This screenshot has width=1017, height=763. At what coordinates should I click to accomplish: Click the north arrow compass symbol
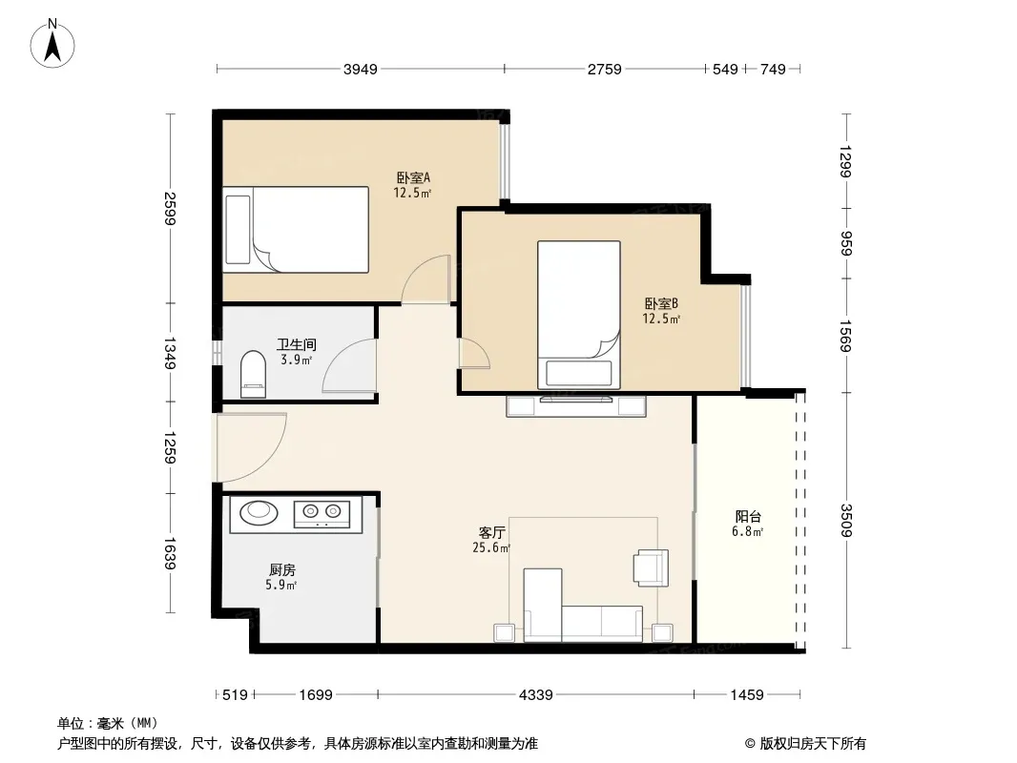tap(52, 44)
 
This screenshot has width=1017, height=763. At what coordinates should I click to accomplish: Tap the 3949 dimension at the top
tap(360, 70)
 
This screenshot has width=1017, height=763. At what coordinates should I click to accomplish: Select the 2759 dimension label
tap(605, 70)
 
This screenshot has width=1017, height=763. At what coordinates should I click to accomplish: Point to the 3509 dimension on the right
tap(845, 520)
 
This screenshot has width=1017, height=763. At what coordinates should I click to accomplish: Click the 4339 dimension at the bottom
tap(536, 695)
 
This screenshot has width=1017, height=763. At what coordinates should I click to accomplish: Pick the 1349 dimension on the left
tap(170, 353)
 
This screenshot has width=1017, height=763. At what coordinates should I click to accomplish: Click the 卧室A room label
tap(413, 177)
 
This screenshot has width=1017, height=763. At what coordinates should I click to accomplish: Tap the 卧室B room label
tap(661, 303)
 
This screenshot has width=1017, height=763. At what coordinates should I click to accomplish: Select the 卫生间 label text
tap(297, 345)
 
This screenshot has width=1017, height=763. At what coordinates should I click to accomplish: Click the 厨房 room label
tap(282, 569)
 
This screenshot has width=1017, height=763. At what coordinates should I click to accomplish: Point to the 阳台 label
tap(748, 517)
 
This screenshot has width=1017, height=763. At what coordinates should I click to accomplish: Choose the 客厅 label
tap(491, 533)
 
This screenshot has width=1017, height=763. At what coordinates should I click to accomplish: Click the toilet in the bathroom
tap(253, 374)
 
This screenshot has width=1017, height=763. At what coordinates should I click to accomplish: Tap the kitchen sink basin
tap(259, 512)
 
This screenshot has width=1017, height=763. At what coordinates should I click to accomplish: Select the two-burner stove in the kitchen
tap(322, 514)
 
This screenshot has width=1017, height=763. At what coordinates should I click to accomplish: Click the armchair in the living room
tap(652, 567)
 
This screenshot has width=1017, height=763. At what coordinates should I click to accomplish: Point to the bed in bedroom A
tap(296, 230)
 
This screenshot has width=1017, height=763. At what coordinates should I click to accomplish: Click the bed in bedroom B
tap(578, 315)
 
